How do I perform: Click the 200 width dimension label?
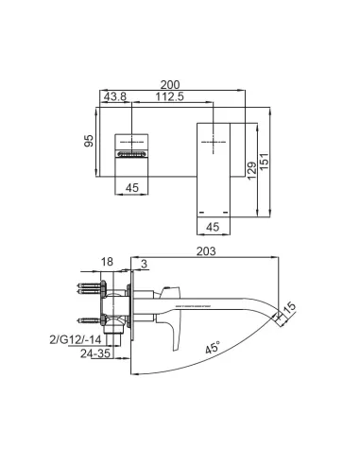pyautogui.click(x=170, y=85)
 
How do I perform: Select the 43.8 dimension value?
pyautogui.click(x=115, y=96)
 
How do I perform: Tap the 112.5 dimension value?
pyautogui.click(x=169, y=96)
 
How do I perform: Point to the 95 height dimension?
pyautogui.click(x=89, y=141)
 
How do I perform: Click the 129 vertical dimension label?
pyautogui.click(x=251, y=170)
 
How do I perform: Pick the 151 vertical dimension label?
pyautogui.click(x=265, y=162)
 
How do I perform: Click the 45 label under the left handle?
pyautogui.click(x=132, y=188)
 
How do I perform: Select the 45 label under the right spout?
pyautogui.click(x=213, y=227)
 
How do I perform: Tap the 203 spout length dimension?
pyautogui.click(x=206, y=251)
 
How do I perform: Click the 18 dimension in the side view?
pyautogui.click(x=107, y=262)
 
